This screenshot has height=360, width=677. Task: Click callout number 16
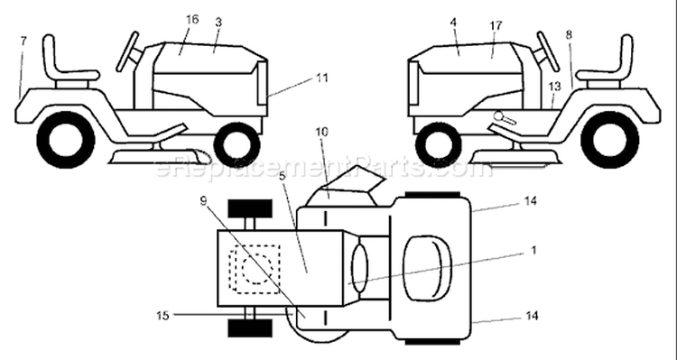click(192, 20)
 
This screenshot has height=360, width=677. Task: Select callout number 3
click(218, 23)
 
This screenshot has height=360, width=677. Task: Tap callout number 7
click(23, 41)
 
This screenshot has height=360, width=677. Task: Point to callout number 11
click(321, 78)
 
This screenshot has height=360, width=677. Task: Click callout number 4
click(453, 23)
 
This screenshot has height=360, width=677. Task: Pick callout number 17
click(496, 25)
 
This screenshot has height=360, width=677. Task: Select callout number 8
click(569, 35)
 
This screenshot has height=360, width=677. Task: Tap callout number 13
click(554, 87)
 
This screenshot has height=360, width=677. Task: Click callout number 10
click(321, 132)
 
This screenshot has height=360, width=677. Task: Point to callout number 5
click(282, 177)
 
